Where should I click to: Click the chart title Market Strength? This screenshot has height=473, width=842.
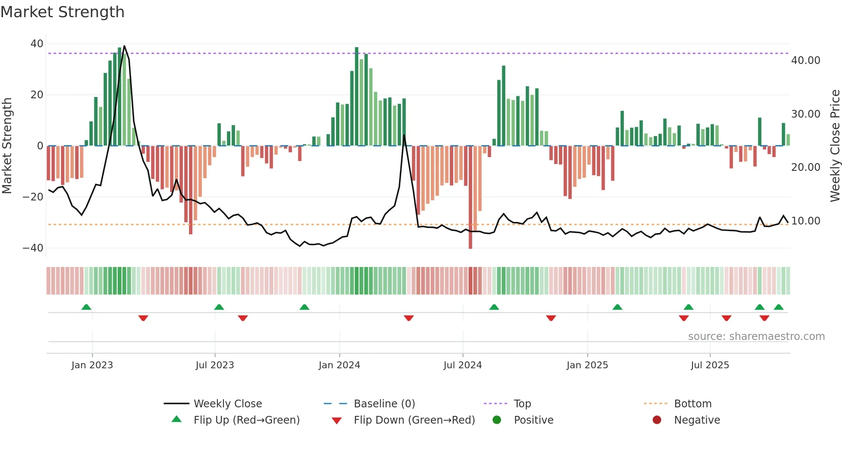click(62, 12)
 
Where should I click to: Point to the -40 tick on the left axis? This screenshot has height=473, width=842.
click(33, 248)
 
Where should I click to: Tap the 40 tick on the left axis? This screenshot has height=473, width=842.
click(37, 44)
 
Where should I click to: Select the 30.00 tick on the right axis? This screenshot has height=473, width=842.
click(805, 114)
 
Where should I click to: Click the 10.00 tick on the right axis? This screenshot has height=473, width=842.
click(805, 221)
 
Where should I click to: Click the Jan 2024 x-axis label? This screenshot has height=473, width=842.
click(339, 365)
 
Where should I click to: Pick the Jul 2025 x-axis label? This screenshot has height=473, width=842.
click(710, 365)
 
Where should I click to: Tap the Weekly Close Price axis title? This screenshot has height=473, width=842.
click(835, 146)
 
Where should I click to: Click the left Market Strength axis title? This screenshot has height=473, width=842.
click(7, 146)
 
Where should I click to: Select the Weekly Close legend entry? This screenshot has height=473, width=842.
click(227, 404)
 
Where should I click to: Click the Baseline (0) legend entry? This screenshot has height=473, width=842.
click(384, 404)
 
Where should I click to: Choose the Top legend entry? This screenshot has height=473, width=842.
click(522, 404)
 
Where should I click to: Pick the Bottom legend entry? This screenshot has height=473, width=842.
click(693, 404)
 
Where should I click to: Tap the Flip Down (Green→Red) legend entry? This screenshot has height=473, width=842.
click(414, 420)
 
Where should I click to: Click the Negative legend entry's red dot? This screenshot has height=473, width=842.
click(657, 420)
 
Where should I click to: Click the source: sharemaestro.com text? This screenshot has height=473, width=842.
click(756, 337)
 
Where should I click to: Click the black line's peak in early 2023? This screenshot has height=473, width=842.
click(124, 46)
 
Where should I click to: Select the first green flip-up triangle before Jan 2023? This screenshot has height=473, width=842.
click(86, 307)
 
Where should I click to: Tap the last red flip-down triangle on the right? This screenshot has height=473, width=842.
click(764, 318)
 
